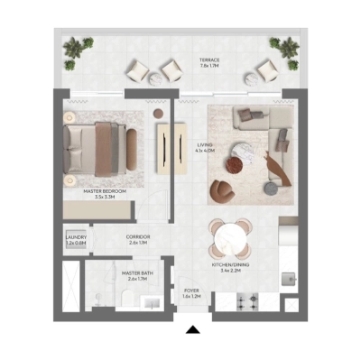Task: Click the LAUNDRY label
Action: pos(76,241)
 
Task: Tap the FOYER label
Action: pos(191,293)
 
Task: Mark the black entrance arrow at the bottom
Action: pos(191,330)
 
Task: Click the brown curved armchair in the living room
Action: pos(222,190)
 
